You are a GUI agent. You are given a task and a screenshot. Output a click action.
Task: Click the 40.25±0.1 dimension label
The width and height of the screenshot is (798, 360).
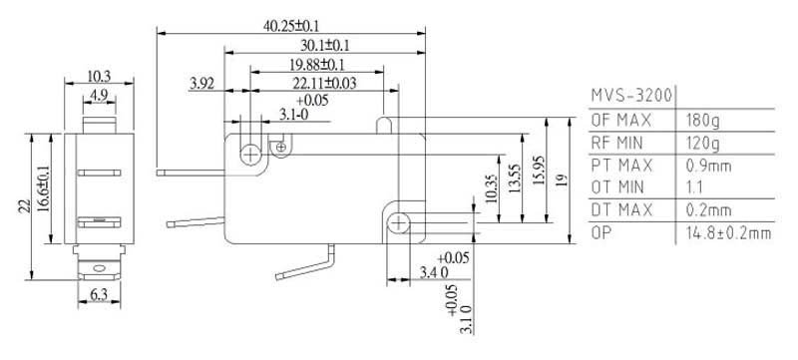click(x=291, y=26)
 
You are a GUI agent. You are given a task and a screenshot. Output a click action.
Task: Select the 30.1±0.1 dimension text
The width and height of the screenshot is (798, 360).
click(x=325, y=45)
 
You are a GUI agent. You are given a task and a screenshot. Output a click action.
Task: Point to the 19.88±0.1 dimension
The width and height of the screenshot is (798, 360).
click(x=316, y=65)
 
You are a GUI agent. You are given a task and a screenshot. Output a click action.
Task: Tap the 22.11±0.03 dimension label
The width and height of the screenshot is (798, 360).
click(x=324, y=83)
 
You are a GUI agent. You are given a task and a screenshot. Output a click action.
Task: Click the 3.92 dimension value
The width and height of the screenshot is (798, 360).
click(x=202, y=83)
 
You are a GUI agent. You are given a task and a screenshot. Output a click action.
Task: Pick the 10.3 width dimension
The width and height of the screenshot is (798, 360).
click(x=99, y=76)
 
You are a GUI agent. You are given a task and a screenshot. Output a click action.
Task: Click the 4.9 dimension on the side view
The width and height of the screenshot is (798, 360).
click(x=99, y=95)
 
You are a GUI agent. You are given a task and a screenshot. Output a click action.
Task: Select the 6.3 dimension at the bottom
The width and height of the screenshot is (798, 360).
click(x=99, y=295)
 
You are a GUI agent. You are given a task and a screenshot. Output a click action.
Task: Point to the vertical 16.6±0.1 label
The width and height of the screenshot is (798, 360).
click(x=44, y=188)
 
